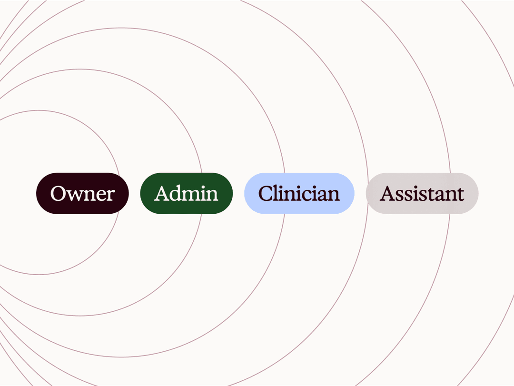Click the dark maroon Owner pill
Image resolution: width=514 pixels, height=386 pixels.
coord(82,193)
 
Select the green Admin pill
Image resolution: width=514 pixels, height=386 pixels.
coord(186,193)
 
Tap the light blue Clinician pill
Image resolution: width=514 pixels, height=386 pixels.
coord(299,193)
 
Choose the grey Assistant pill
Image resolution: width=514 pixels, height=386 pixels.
coord(422,193)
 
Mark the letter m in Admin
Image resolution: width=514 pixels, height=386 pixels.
coord(194,195)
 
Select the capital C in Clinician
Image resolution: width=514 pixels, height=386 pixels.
coord(266,194)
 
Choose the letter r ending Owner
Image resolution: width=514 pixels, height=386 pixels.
coord(110,195)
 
